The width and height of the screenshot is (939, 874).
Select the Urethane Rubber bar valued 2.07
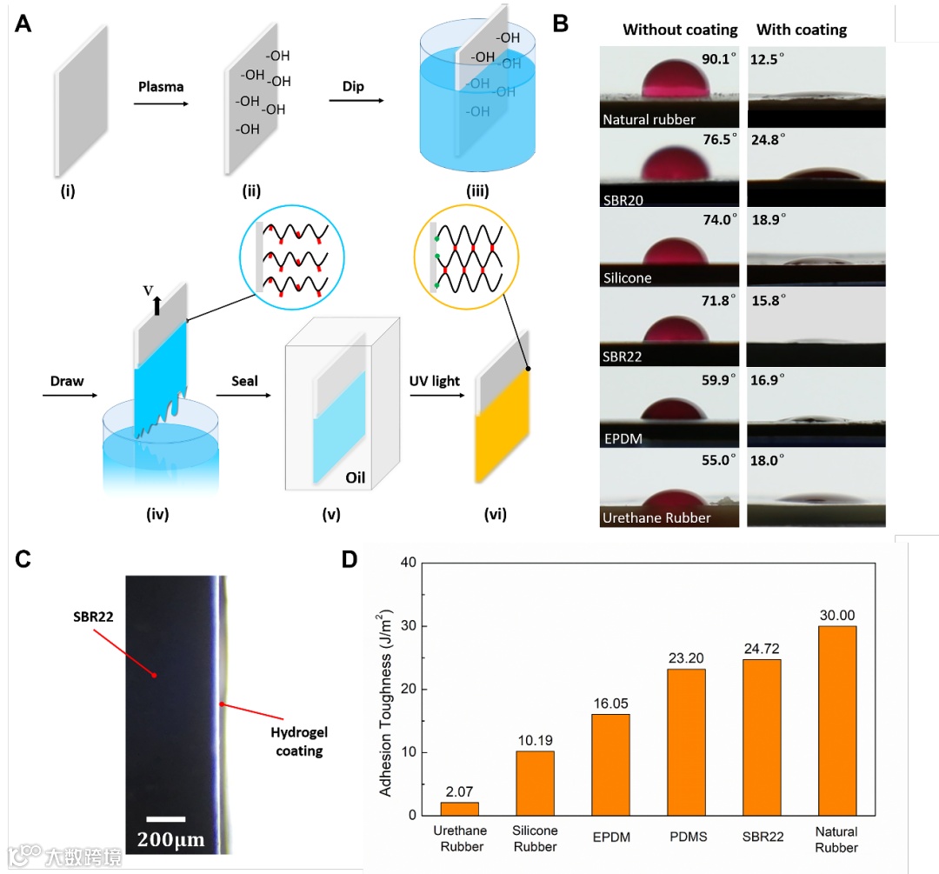(460, 808)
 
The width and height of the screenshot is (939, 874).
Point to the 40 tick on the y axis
(405, 563)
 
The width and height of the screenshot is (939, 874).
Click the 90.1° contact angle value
(718, 60)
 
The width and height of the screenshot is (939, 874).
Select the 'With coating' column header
(802, 30)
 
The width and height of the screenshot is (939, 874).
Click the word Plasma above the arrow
(161, 87)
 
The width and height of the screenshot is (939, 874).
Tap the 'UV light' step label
(436, 381)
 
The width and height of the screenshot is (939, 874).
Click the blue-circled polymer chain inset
(290, 252)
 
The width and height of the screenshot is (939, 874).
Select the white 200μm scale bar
(165, 818)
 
